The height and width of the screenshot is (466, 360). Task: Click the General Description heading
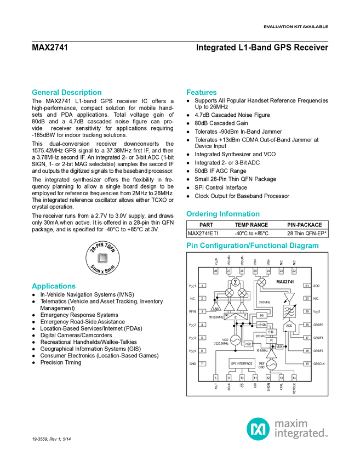coord(67,93)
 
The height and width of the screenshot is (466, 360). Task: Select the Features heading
coord(202,93)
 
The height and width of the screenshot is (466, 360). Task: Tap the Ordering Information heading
coord(222,214)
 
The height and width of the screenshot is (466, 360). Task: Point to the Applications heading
coord(54,286)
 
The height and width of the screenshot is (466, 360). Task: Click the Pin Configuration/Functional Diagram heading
coord(253,246)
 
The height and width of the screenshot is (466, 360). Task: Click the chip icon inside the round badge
coord(102,257)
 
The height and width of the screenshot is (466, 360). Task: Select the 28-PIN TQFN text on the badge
coord(101,247)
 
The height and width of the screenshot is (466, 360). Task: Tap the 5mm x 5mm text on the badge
coord(103,268)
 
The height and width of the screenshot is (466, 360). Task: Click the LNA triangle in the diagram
coord(216,307)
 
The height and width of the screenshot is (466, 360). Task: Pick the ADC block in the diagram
coord(289,326)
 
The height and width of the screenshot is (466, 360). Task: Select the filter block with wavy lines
coord(289,311)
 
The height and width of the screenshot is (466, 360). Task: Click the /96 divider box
coord(261,316)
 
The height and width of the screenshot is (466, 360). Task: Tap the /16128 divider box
coord(261,325)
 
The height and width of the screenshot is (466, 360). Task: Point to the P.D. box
coord(271,332)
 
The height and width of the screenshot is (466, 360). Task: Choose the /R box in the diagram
coord(271,340)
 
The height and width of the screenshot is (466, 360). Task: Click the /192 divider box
coord(248,344)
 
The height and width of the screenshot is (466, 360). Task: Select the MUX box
coord(279,347)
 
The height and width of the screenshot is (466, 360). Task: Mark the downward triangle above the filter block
coord(289,297)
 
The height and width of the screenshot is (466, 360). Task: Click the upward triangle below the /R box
coord(271,355)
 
